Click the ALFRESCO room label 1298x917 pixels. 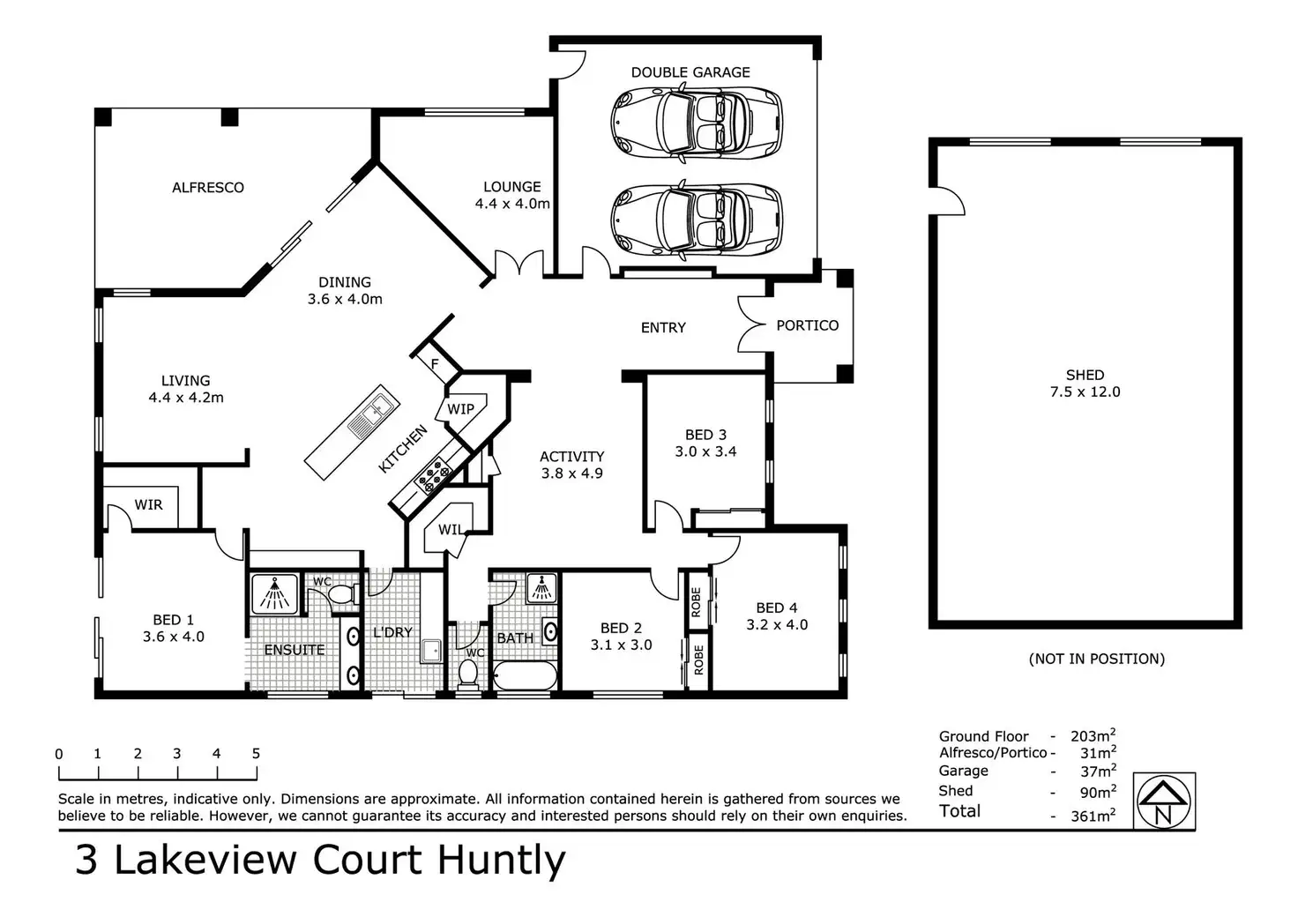tap(208, 187)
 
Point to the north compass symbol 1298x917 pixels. tap(1163, 801)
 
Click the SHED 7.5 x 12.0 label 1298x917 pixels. tap(1085, 384)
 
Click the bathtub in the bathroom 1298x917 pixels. tap(525, 677)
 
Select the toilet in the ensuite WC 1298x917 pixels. tap(338, 595)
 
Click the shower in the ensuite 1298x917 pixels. tap(276, 593)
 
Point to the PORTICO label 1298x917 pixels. tap(807, 325)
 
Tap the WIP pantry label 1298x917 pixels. tap(460, 409)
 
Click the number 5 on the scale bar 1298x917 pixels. tap(256, 754)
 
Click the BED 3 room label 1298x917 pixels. tap(705, 435)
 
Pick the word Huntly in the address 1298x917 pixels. tap(501, 860)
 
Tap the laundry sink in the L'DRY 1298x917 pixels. tap(431, 651)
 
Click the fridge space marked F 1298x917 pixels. tap(435, 362)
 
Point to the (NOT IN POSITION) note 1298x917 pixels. tap(1096, 659)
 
